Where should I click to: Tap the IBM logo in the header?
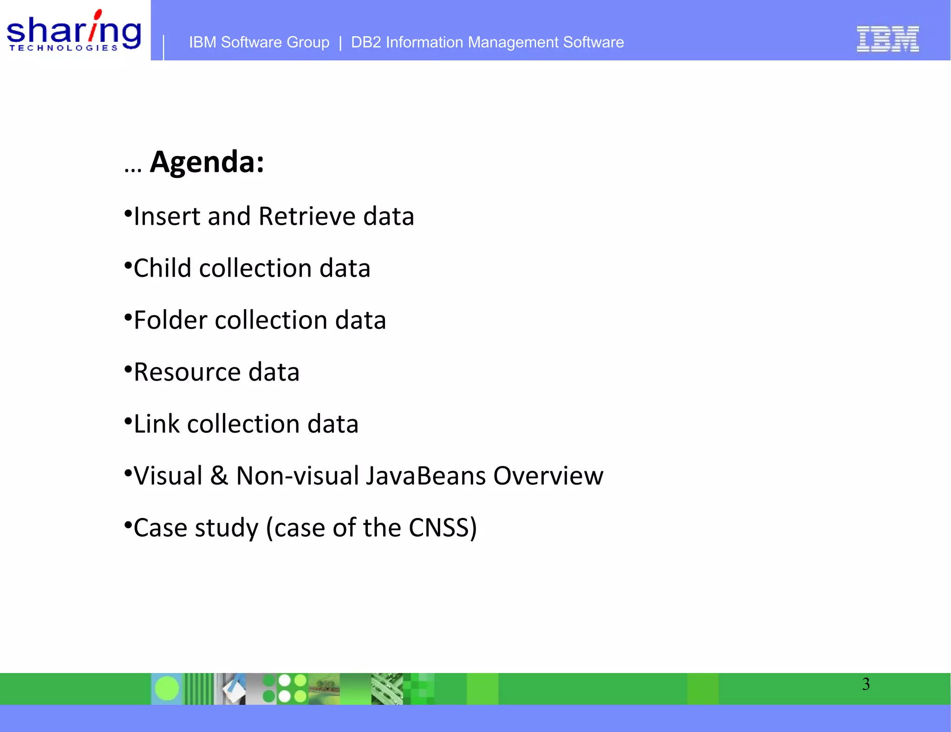coord(887,39)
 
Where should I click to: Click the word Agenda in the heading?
coord(207,162)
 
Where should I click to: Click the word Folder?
coord(170,320)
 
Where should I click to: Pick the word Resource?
coord(187,372)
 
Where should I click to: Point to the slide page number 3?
coord(866,684)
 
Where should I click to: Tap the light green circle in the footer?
coord(167,688)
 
